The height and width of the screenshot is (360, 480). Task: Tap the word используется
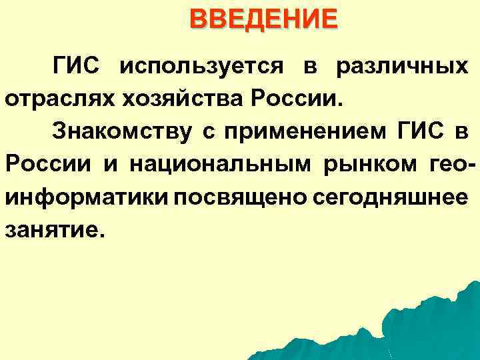click(202, 67)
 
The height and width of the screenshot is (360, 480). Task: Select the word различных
click(400, 67)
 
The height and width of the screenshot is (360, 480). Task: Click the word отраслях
click(59, 99)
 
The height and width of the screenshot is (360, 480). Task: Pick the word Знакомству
click(121, 131)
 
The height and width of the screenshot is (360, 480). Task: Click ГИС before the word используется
click(77, 67)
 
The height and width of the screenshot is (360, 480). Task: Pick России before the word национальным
click(47, 163)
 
